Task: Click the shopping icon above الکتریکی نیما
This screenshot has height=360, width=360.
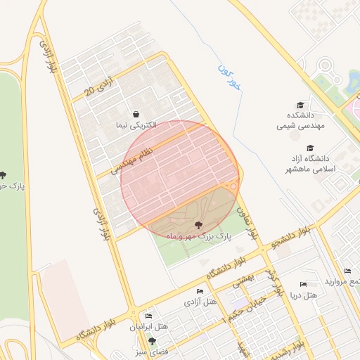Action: (136, 114)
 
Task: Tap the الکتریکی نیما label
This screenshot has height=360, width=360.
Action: (136, 125)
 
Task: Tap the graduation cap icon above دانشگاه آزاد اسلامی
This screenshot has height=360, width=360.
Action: (329, 148)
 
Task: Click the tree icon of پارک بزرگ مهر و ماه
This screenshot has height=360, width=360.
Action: (198, 224)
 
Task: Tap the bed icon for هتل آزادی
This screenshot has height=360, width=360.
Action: (200, 291)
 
